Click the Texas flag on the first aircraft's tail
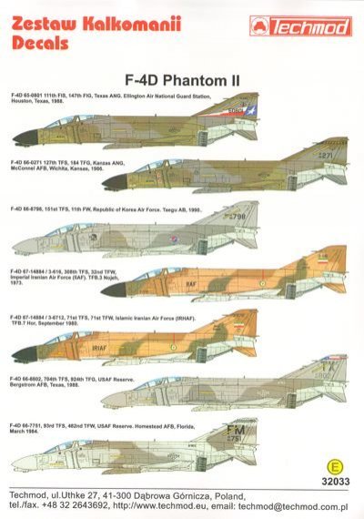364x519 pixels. (321, 117)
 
